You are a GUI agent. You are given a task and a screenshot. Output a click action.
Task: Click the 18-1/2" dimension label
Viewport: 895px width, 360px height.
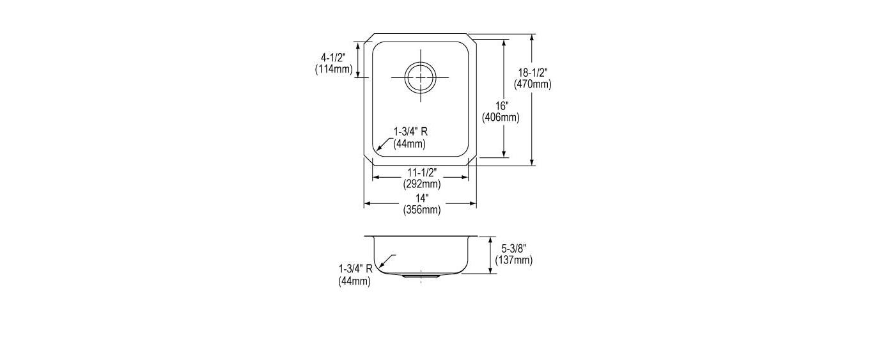point(533,73)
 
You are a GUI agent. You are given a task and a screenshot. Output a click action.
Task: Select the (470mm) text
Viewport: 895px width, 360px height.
point(533,84)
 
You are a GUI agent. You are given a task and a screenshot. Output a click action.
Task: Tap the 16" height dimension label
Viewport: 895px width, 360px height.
point(502,106)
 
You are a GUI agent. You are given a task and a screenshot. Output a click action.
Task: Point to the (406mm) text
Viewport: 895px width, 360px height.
point(501,118)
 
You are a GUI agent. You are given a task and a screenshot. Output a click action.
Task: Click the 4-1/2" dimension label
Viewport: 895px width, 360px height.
point(333,58)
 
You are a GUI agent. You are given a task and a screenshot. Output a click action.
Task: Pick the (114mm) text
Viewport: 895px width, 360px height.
point(334,69)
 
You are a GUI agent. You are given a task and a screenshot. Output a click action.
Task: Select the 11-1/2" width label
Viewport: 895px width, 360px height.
point(422,173)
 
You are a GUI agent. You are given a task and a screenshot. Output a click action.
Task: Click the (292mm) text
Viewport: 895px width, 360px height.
point(422,184)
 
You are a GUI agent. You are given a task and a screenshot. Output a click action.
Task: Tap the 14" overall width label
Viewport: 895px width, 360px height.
point(422,198)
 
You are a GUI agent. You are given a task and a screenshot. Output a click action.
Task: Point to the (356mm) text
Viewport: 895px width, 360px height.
point(422,209)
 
